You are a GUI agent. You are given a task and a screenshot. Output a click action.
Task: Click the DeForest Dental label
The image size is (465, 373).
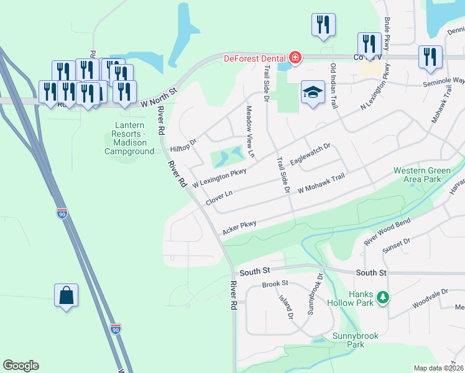point(254,59)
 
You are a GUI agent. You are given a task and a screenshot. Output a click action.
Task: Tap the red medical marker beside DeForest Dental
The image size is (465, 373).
point(295,59)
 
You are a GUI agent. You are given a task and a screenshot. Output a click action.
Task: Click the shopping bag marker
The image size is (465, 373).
point(66,295)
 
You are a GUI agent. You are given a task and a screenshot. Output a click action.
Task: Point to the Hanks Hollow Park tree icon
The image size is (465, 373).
point(384,298)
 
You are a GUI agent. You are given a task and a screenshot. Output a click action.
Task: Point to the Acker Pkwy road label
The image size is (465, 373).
point(239,228)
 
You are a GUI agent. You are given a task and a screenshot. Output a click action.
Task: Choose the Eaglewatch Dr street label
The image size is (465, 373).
point(310,156)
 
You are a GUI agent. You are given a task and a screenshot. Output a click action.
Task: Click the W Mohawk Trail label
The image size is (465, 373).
point(321,185)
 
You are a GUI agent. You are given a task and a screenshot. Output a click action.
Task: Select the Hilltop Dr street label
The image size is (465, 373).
point(184,145)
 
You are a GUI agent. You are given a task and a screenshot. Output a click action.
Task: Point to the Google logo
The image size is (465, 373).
point(21,366)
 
